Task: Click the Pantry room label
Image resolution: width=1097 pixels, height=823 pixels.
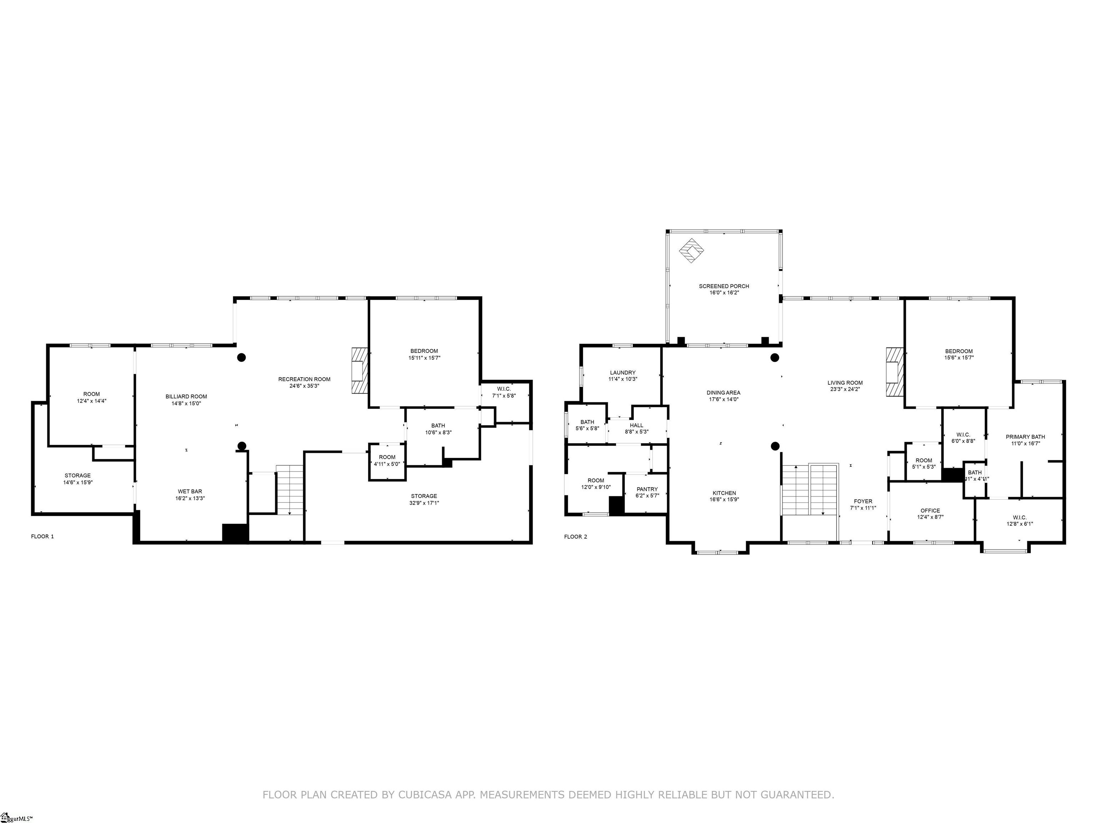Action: [647, 489]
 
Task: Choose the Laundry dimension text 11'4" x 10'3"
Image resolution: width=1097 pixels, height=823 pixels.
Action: [622, 379]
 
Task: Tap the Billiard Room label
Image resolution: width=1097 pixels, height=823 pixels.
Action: [186, 396]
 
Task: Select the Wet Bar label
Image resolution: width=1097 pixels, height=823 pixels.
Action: [190, 491]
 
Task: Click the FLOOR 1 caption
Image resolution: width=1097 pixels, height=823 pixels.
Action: [42, 536]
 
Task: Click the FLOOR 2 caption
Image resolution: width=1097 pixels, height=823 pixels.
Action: [575, 536]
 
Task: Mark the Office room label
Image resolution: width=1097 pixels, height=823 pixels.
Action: [930, 510]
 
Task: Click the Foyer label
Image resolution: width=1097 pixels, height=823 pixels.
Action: [863, 502]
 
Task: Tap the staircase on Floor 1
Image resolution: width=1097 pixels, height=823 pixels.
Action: [290, 490]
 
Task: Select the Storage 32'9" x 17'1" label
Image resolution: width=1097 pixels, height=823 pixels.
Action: [424, 496]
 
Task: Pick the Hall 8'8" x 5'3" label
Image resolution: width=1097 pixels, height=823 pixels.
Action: [636, 425]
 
